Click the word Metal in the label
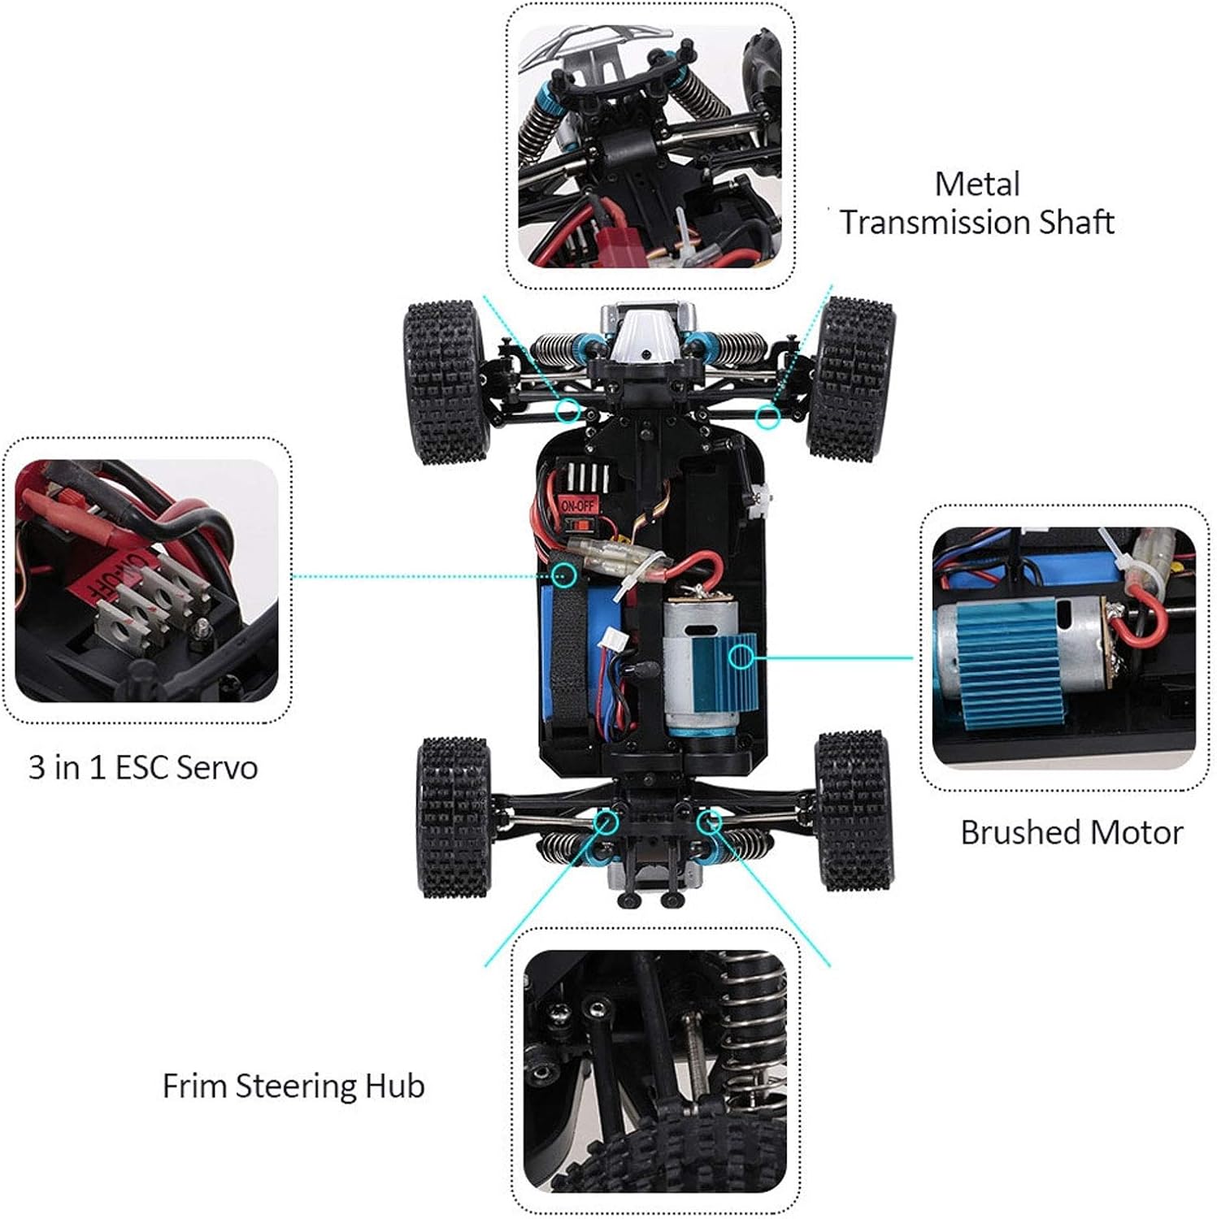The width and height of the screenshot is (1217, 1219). point(976,184)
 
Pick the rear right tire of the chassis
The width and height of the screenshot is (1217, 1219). point(853,810)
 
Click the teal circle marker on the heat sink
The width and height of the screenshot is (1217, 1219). point(741,656)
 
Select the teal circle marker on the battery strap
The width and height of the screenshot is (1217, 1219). point(564,575)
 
